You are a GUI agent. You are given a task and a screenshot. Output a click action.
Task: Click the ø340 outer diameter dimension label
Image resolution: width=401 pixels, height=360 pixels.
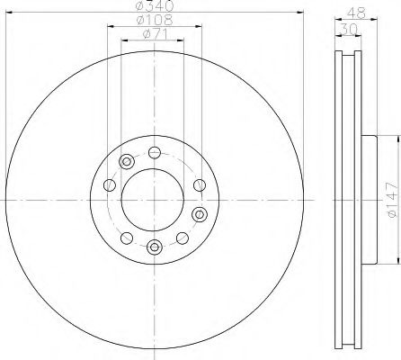click(154, 8)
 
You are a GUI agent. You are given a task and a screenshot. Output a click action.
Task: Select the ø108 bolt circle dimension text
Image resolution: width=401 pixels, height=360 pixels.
click(154, 21)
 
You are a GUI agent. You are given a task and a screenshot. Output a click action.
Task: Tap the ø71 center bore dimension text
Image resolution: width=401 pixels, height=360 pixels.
click(154, 34)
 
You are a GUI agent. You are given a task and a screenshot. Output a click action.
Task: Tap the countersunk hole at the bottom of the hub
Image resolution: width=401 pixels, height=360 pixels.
click(154, 247)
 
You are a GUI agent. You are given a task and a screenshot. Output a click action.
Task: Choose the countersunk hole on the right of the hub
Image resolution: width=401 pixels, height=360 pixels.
click(199, 214)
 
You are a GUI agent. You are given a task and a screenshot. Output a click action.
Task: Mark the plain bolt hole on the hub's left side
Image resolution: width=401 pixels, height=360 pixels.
click(108, 185)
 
